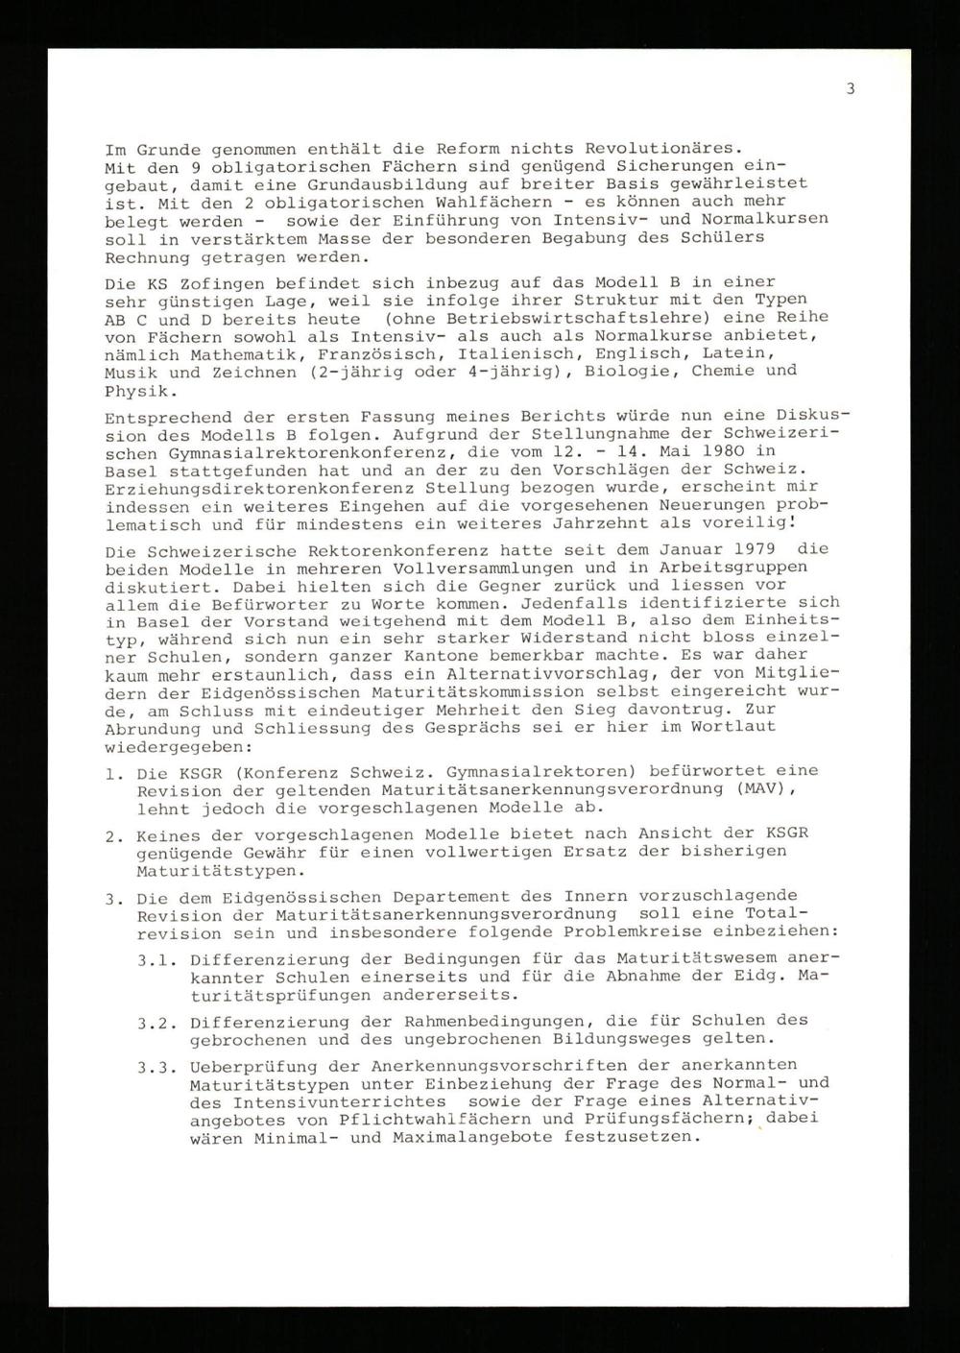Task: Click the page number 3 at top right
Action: point(851,89)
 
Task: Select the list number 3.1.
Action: point(155,959)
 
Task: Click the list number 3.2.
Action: point(155,1022)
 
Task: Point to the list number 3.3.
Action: point(155,1066)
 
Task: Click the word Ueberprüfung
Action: point(244,1066)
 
